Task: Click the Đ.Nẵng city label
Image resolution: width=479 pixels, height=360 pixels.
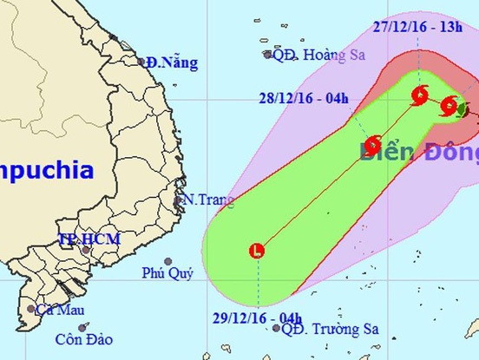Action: coord(172,62)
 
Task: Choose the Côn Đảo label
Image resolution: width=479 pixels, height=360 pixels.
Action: coord(53,340)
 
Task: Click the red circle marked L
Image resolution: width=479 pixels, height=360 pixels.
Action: coord(256,252)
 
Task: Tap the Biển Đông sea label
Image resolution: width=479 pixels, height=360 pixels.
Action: coord(419,154)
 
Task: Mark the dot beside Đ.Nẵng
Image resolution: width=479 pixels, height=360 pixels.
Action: coord(141,62)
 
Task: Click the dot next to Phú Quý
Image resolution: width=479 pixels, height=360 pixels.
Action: coord(167,261)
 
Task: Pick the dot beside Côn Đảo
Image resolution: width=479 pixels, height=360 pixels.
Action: coord(82,327)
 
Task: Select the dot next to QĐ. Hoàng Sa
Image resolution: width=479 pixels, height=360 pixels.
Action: coord(267,54)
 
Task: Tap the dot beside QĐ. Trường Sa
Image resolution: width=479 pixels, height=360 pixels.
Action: coord(276,328)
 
